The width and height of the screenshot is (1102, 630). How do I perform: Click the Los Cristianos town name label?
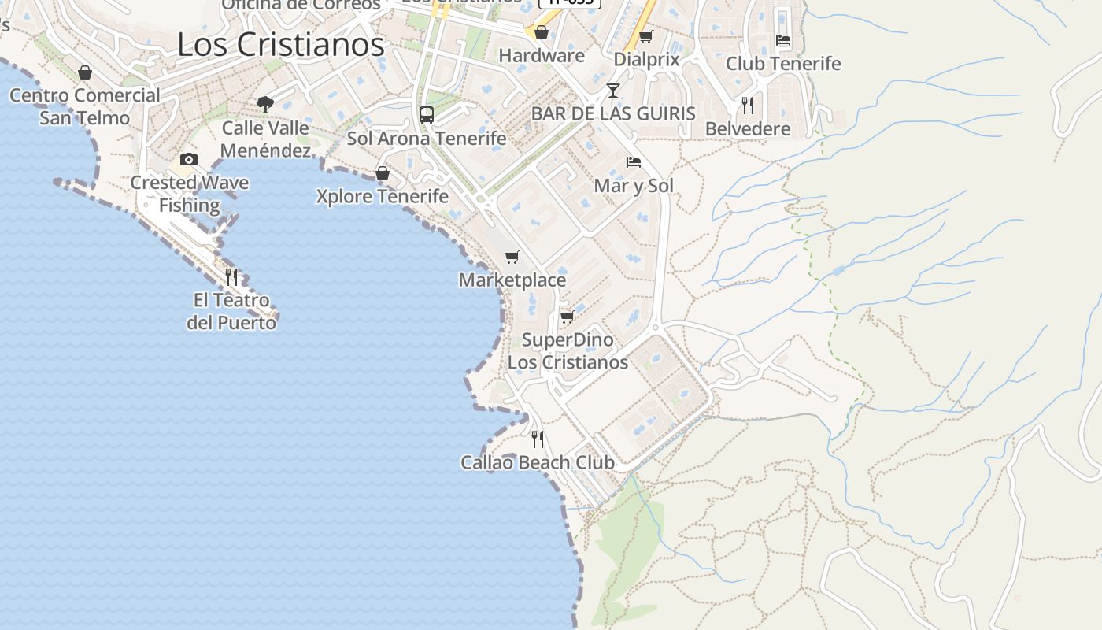(281, 45)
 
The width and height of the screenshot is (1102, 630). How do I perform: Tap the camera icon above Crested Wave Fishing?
(188, 160)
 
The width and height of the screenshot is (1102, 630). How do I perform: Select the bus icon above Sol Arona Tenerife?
(427, 115)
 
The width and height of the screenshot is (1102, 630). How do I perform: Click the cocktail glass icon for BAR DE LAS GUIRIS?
(613, 91)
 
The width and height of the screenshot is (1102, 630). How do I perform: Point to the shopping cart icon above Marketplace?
(512, 257)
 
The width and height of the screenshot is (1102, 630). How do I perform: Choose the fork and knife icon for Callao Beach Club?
(538, 439)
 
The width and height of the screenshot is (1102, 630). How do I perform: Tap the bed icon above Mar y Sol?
(634, 162)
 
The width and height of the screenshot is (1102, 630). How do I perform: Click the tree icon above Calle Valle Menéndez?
(265, 104)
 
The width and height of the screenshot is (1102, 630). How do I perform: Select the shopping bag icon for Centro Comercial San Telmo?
(85, 72)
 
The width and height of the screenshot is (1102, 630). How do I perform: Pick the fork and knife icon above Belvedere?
(748, 105)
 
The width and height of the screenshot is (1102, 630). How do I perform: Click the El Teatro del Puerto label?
(231, 311)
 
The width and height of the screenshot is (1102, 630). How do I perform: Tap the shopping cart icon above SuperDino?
(567, 317)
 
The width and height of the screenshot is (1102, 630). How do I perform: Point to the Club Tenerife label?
(783, 64)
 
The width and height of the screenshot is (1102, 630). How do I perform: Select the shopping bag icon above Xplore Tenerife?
(383, 173)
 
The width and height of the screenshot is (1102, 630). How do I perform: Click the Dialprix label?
(645, 59)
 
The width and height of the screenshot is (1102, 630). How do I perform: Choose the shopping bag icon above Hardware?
(542, 32)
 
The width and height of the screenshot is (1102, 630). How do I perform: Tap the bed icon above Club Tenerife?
(783, 40)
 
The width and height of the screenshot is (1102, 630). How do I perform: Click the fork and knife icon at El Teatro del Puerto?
(231, 277)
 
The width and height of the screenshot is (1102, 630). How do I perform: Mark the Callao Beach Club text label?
(537, 462)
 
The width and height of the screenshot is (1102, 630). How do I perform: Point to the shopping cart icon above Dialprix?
(645, 36)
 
